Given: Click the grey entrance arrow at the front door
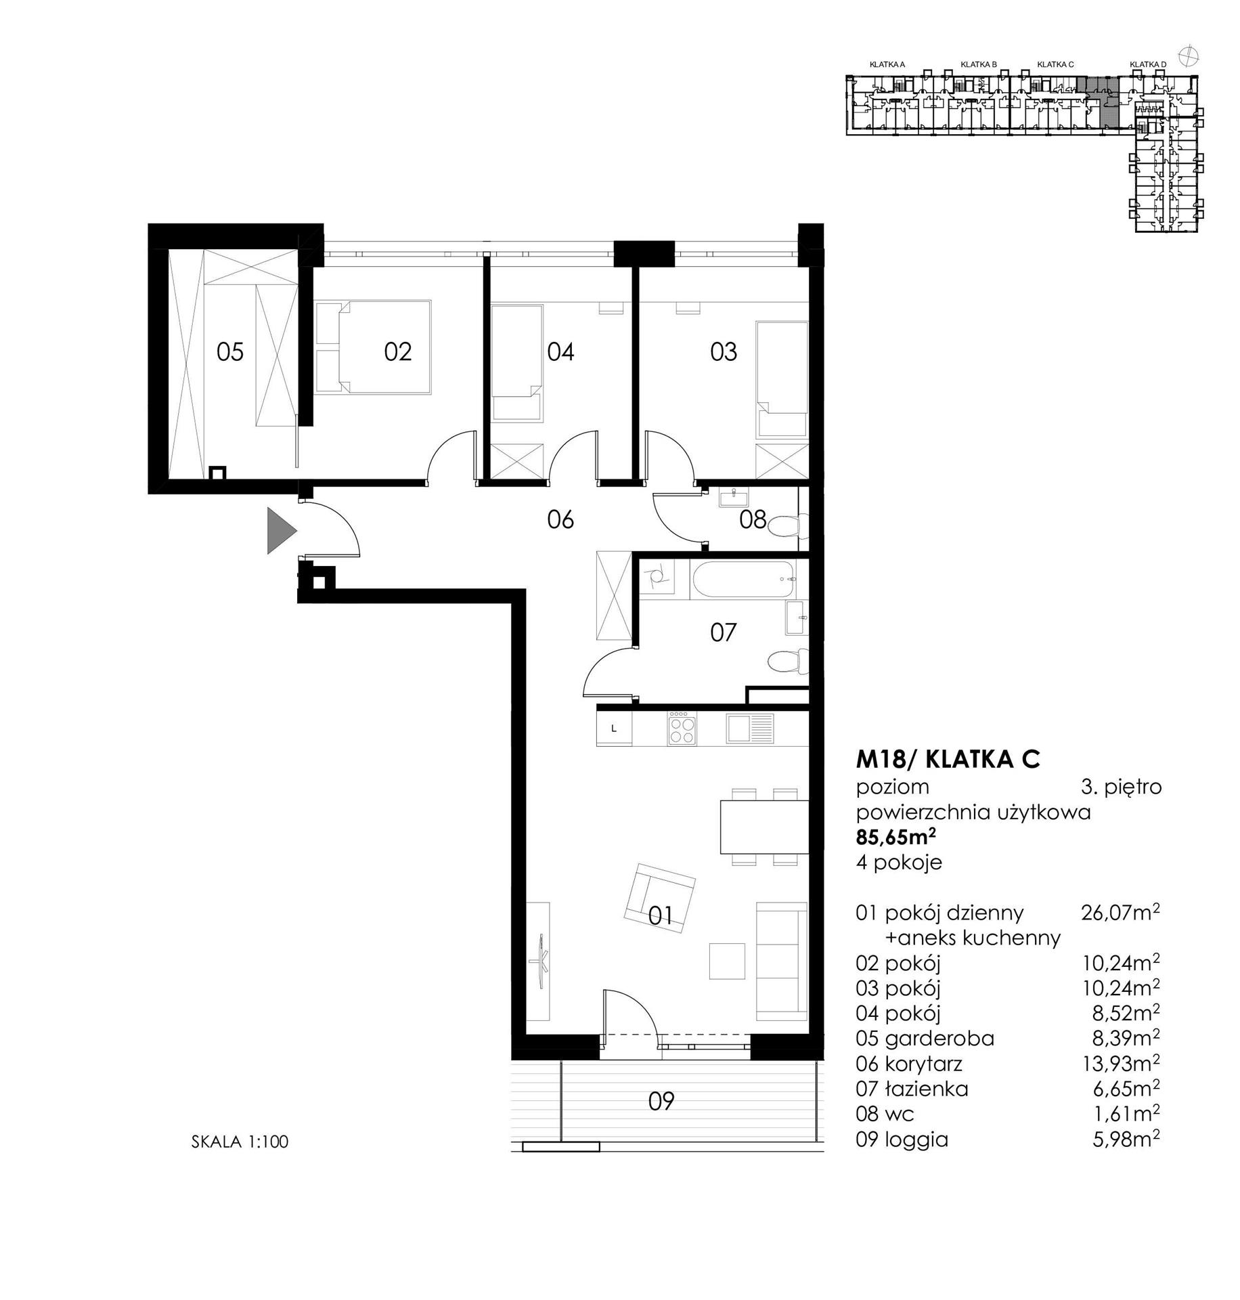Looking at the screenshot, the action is (280, 530).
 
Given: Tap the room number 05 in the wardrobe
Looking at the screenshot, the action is (230, 352).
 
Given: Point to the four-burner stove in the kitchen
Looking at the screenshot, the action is (682, 729).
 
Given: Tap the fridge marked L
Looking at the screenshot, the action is (614, 729).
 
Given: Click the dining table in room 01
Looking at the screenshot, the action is (764, 827).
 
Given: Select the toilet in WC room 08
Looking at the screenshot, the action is (787, 525).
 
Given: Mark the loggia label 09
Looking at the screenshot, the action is (661, 1102).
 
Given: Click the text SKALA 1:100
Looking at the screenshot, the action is (240, 1142).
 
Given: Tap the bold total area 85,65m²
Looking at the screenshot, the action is (896, 837).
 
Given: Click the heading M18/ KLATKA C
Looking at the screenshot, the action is (948, 760).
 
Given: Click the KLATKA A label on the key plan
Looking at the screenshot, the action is (887, 64).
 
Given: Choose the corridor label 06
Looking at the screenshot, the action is (560, 520).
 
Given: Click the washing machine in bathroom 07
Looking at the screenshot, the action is (656, 578).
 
